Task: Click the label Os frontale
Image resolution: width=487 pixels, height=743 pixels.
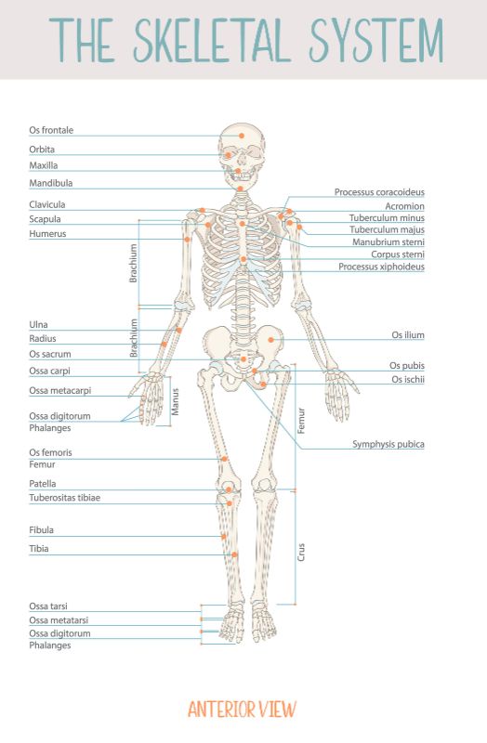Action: click(x=51, y=130)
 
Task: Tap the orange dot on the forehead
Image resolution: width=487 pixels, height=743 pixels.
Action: click(x=242, y=136)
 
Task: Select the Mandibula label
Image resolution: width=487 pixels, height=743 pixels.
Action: click(x=51, y=183)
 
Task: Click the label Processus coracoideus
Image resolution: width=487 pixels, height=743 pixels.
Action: click(x=379, y=192)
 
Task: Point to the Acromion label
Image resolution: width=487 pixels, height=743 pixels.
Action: click(x=404, y=206)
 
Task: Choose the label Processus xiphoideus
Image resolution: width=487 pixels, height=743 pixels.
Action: click(x=381, y=267)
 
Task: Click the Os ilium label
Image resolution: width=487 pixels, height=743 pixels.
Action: click(x=408, y=335)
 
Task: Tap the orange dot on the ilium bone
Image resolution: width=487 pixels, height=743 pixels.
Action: click(x=270, y=340)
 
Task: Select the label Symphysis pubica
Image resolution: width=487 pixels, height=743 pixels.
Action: click(x=388, y=444)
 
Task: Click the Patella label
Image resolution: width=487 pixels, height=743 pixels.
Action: click(x=42, y=484)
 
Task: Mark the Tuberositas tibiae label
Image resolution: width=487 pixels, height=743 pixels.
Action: click(x=64, y=498)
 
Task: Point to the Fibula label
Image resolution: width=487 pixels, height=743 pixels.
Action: click(x=41, y=529)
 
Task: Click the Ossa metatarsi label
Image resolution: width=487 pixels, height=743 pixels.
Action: click(x=59, y=619)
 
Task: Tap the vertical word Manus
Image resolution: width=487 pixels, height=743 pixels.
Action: click(x=176, y=402)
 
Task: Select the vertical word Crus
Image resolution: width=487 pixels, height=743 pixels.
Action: click(x=301, y=552)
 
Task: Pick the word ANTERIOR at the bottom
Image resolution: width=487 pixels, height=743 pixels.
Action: click(x=221, y=710)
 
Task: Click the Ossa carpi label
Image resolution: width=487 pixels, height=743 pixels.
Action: click(x=49, y=371)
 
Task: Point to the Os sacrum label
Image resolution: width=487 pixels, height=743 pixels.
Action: click(x=50, y=354)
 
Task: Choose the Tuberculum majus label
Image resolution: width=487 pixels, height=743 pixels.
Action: click(x=387, y=229)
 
